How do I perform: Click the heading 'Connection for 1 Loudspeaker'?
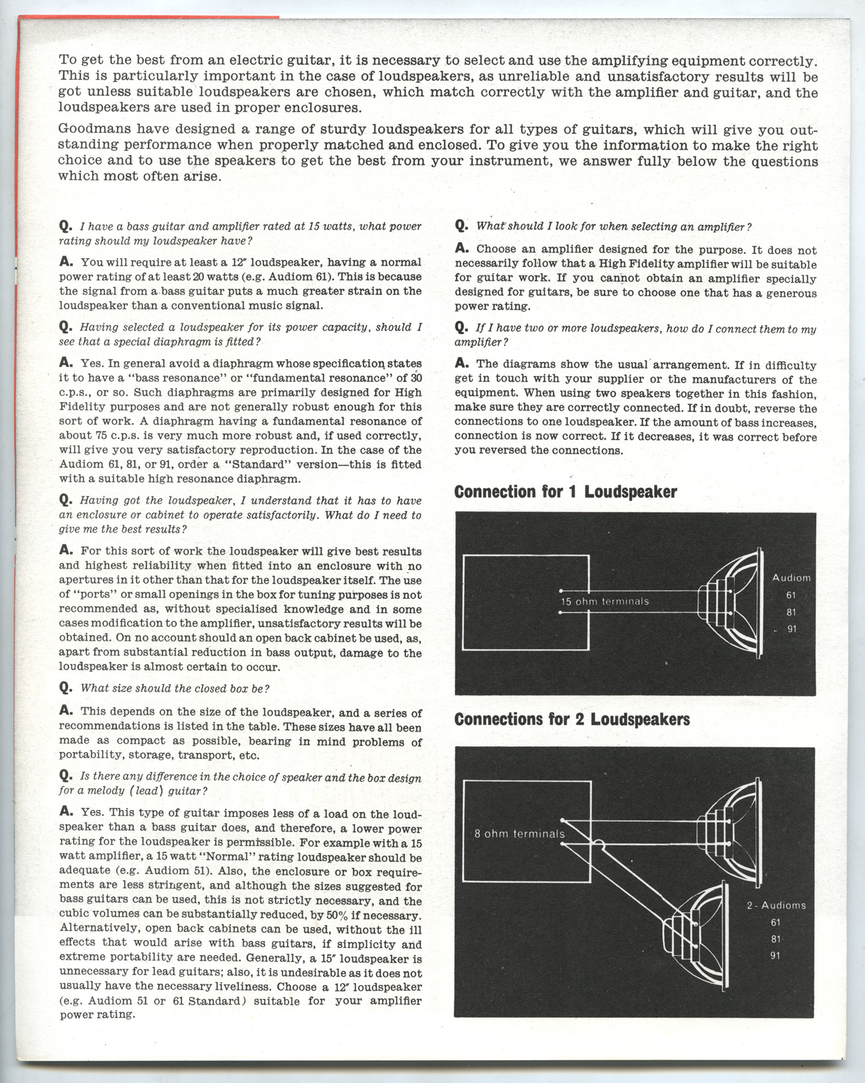[x=565, y=492]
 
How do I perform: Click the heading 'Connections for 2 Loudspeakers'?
[x=572, y=720]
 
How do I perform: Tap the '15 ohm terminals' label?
[x=605, y=601]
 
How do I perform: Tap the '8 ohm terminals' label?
[x=520, y=834]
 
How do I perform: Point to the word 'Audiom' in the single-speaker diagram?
[x=791, y=578]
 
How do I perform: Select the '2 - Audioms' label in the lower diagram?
[x=776, y=905]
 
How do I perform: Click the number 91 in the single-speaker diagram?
[x=792, y=629]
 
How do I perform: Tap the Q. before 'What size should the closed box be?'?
[x=66, y=687]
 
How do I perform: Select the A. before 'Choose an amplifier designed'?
[x=462, y=248]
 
